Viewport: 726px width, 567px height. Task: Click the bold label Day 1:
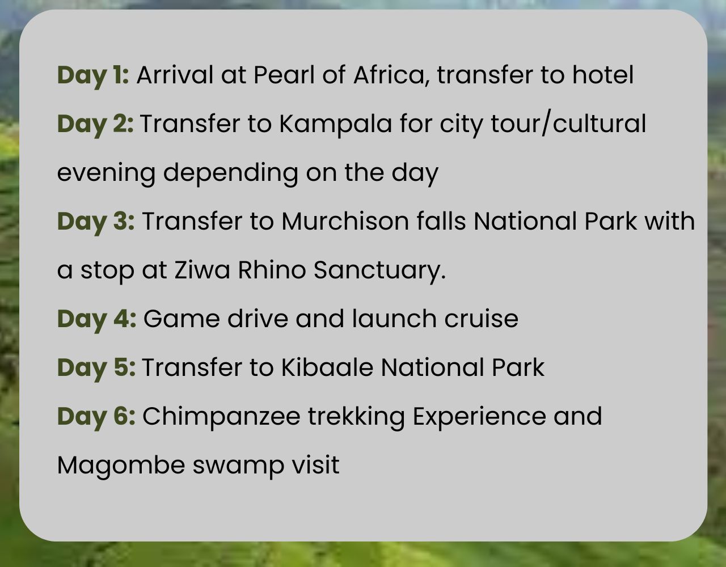(93, 76)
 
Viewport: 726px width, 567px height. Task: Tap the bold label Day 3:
(96, 222)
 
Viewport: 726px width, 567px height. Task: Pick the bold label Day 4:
(96, 320)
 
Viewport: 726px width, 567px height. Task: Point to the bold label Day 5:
(96, 369)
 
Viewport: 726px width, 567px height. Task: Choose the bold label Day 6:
(96, 417)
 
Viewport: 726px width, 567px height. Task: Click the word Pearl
(284, 75)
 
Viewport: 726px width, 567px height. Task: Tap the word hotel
(603, 75)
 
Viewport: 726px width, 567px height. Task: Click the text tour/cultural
(568, 124)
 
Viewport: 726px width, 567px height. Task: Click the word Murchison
(345, 221)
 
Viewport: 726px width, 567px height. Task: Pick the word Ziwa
(202, 270)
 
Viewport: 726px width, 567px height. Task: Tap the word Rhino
(272, 270)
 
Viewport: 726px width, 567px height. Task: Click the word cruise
(482, 319)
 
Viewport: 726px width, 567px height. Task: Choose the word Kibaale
(327, 367)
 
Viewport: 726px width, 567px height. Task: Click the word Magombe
(121, 466)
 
